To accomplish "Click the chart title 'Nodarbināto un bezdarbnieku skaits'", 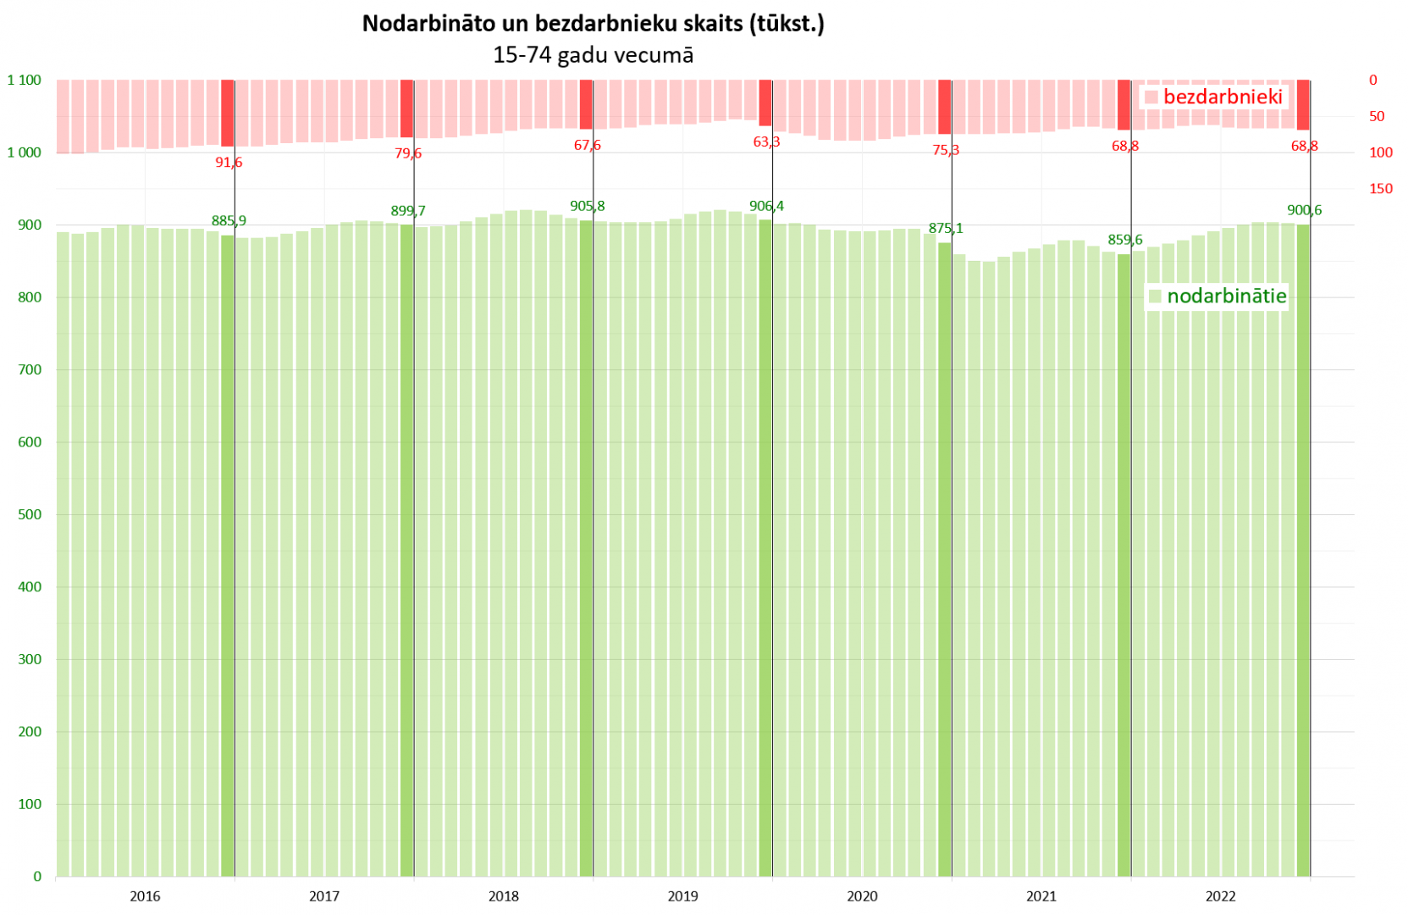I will click(x=593, y=23).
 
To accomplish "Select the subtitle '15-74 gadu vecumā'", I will click(x=593, y=55).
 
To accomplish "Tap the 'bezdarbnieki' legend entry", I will click(x=1222, y=97).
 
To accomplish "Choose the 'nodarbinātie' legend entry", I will click(x=1226, y=296).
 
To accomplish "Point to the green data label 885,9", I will click(x=229, y=221).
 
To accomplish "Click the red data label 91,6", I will click(x=229, y=162).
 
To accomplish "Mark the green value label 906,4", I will click(x=766, y=206).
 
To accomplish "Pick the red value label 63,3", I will click(x=766, y=141).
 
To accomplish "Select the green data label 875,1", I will click(x=946, y=228).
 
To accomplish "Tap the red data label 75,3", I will click(x=946, y=150).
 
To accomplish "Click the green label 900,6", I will click(x=1304, y=210).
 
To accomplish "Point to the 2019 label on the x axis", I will click(x=682, y=896).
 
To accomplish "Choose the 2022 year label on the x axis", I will click(x=1220, y=896).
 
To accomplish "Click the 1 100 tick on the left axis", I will click(x=25, y=80).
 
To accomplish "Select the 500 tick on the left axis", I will click(x=30, y=514).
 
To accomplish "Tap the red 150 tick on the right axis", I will click(x=1380, y=188).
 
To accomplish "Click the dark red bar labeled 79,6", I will click(x=407, y=108).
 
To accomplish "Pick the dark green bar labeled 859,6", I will click(x=1124, y=565).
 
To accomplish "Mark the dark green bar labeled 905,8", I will click(x=586, y=548).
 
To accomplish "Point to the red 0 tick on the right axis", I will click(x=1373, y=80).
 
